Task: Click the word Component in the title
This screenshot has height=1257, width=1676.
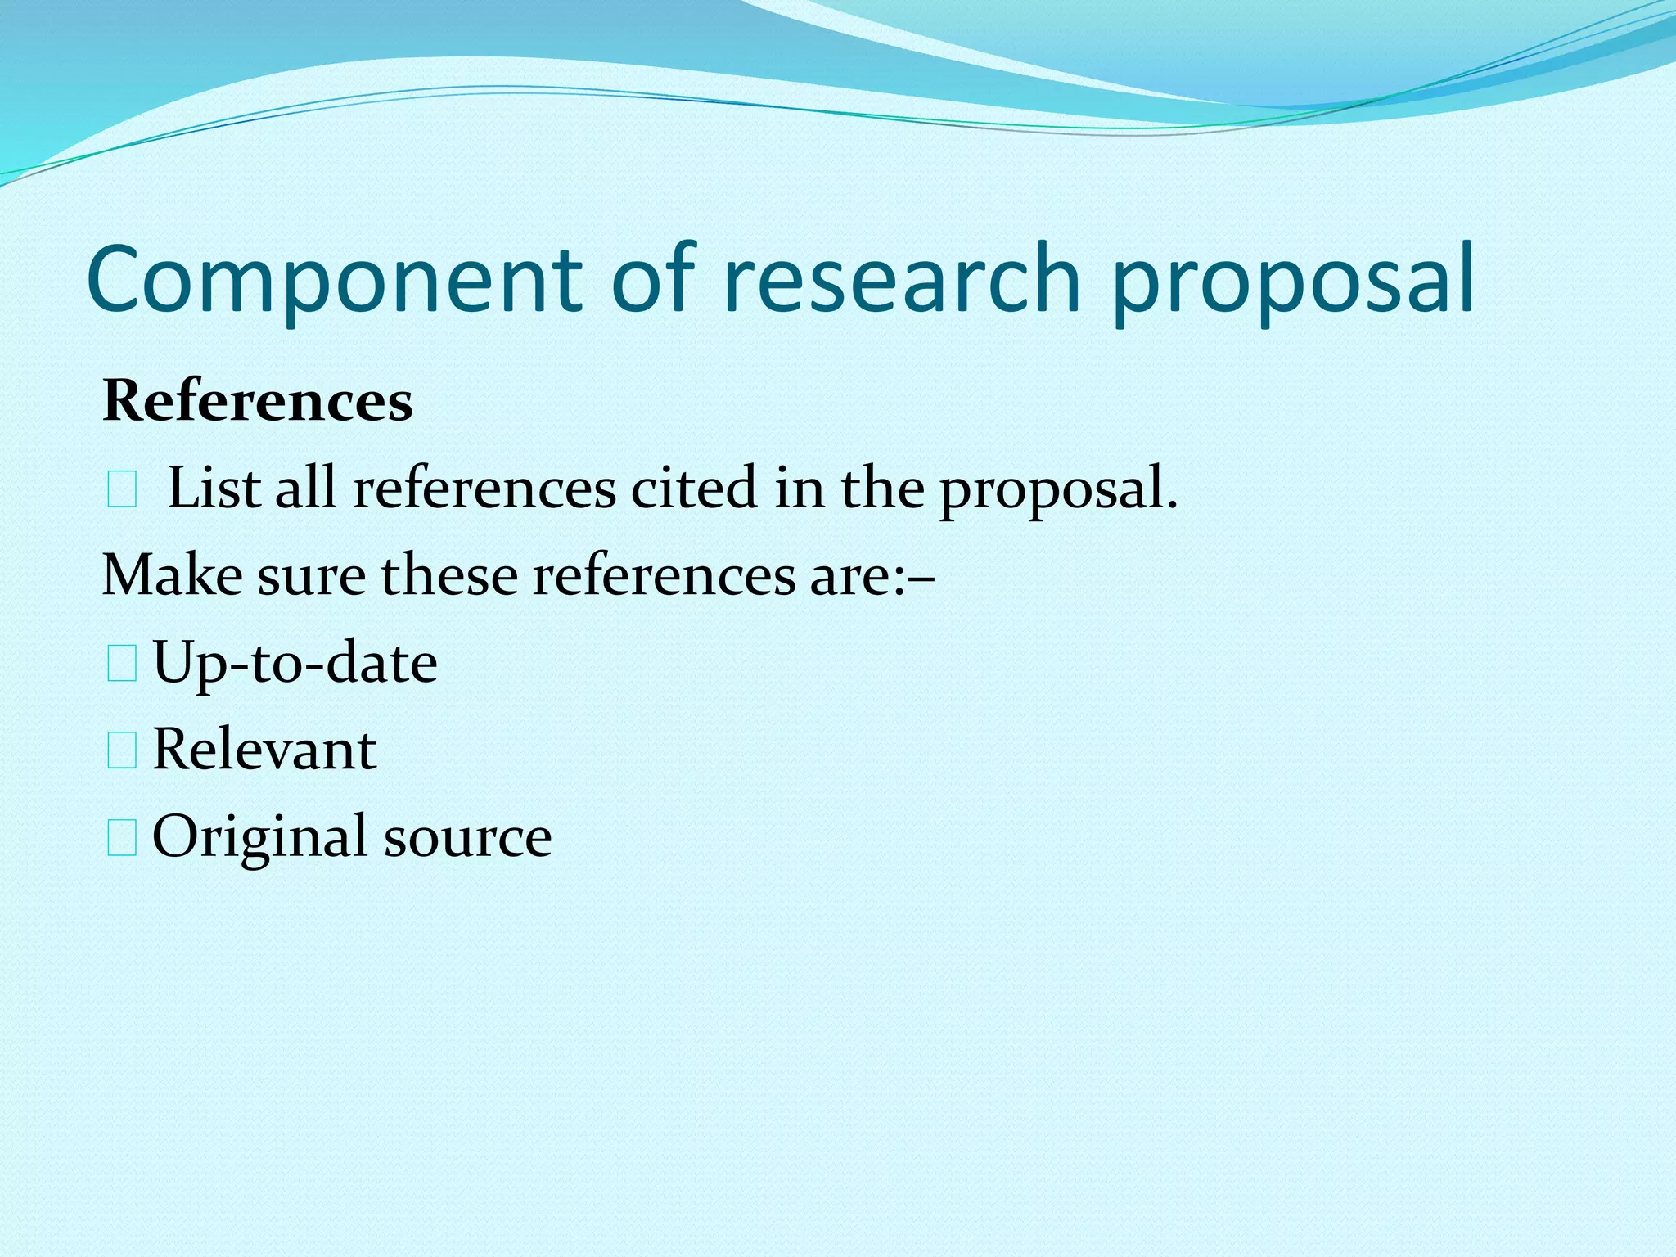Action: (333, 281)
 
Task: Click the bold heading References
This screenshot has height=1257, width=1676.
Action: (258, 402)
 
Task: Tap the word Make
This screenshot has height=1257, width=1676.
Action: (172, 575)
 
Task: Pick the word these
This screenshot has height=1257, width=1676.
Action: (449, 575)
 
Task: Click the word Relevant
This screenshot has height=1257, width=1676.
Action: (264, 750)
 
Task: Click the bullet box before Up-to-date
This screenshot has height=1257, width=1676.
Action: (122, 664)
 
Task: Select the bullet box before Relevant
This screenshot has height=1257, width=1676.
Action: (122, 751)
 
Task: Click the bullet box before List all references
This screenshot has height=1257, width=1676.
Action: (122, 492)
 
